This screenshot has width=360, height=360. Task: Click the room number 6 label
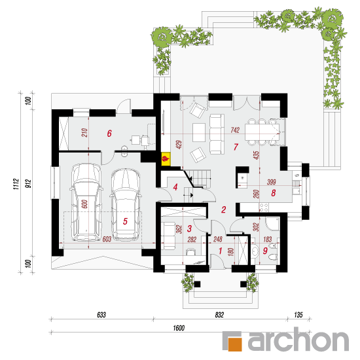click(109, 134)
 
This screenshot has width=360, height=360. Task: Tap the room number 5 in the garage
click(125, 221)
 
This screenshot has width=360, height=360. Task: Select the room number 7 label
click(236, 147)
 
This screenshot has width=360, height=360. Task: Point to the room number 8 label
click(273, 193)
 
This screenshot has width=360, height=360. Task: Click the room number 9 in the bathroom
click(265, 251)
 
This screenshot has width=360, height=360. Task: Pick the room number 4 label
click(175, 187)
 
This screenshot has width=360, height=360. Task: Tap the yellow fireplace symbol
click(166, 158)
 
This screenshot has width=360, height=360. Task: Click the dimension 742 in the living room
click(235, 130)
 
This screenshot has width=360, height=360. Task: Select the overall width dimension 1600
click(179, 328)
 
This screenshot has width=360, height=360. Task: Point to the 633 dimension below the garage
click(101, 315)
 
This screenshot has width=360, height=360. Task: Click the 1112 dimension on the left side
click(16, 184)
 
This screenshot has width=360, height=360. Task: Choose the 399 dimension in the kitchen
click(271, 182)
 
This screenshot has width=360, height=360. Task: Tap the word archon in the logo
click(298, 339)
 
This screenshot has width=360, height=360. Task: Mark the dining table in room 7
click(262, 132)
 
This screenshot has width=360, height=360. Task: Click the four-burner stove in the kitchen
click(264, 207)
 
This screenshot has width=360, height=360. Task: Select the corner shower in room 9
click(272, 224)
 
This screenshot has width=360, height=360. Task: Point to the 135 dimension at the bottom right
click(298, 315)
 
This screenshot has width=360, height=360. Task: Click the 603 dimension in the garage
click(107, 239)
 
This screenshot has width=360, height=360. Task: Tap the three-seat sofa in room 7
click(217, 134)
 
